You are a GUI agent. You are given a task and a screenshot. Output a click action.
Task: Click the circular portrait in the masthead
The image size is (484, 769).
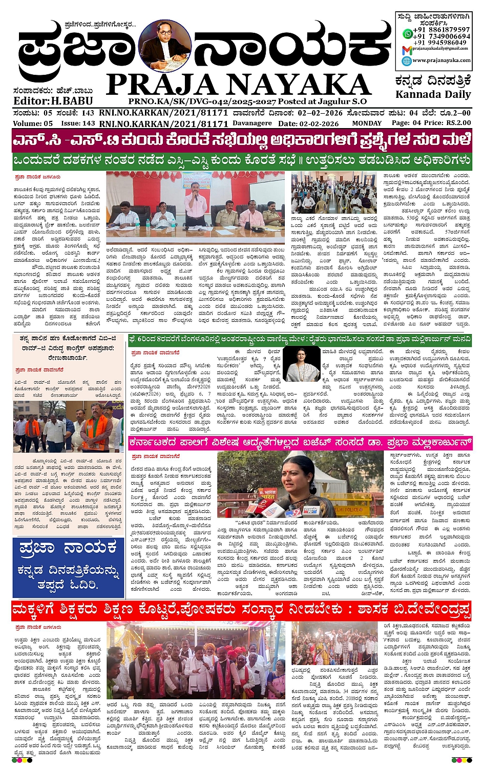coord(165,46)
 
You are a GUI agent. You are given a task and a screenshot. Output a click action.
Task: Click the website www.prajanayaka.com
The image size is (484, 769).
coord(441,60)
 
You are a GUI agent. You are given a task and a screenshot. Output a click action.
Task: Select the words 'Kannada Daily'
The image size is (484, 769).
coord(433,94)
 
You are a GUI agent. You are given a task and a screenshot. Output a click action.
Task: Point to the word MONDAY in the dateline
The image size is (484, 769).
coord(366,123)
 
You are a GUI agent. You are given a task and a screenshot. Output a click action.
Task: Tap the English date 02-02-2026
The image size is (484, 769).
coord(319,123)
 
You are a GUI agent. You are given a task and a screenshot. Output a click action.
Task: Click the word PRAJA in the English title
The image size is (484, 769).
coord(159,84)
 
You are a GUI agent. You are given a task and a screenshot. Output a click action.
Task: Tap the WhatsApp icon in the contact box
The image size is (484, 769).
coord(407,34)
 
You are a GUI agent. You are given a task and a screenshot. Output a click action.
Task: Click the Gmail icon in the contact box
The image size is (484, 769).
coord(407,50)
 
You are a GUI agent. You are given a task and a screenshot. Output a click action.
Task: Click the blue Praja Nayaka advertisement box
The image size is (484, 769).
coord(68,568)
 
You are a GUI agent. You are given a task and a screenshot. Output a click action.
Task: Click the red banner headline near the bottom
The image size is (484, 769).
coord(241,611)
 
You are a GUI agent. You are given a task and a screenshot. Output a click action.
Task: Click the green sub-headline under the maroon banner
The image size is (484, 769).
coord(241,160)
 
